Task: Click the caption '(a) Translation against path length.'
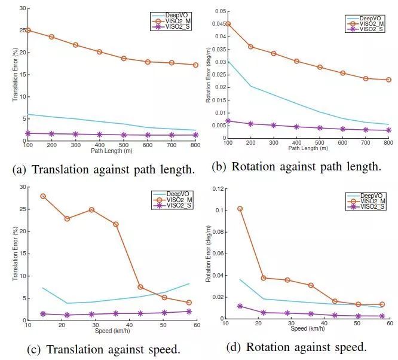coord(103,169)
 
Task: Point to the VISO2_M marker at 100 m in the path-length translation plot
coord(27,30)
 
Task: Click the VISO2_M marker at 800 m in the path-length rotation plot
coord(388,80)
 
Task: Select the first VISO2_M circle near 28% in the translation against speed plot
coord(43,196)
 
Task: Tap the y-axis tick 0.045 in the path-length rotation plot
coord(218,24)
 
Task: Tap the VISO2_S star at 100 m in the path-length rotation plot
coord(228,121)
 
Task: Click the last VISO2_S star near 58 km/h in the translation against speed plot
coord(189,311)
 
